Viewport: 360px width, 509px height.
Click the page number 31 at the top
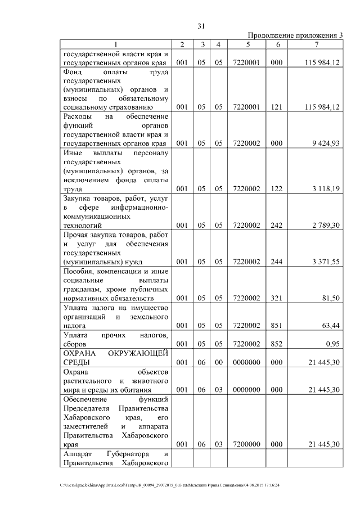(202, 26)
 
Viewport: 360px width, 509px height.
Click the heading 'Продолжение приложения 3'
(295, 35)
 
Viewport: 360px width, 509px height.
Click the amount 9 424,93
(325, 143)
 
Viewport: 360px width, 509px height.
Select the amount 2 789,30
(325, 225)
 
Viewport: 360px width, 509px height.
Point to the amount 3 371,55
(325, 261)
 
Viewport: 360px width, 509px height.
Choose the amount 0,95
(332, 343)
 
